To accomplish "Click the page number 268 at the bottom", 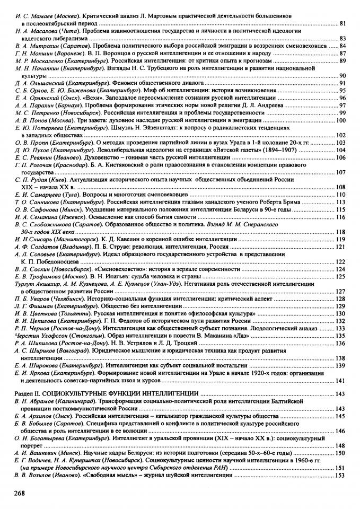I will (21, 493).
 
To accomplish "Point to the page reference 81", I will (343, 24).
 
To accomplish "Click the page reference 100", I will (341, 120).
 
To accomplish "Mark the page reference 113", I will (341, 202).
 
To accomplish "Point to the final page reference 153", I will (341, 475).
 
